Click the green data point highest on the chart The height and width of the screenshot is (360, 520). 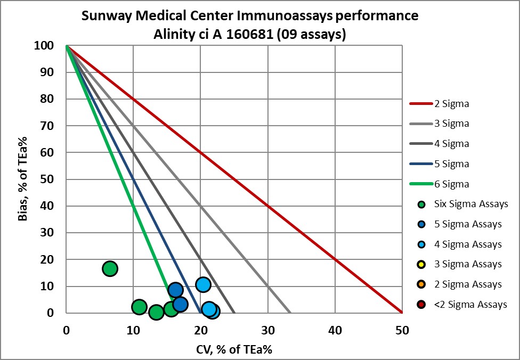coord(110,268)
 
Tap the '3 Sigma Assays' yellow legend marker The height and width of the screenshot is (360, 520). coord(422,264)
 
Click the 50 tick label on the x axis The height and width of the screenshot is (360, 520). coord(402,330)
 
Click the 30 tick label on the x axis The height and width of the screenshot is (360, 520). coord(268,330)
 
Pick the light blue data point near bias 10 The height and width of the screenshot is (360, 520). coord(203,284)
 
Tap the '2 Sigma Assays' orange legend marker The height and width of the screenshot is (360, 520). coord(422,284)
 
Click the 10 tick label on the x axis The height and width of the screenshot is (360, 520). coord(133,330)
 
